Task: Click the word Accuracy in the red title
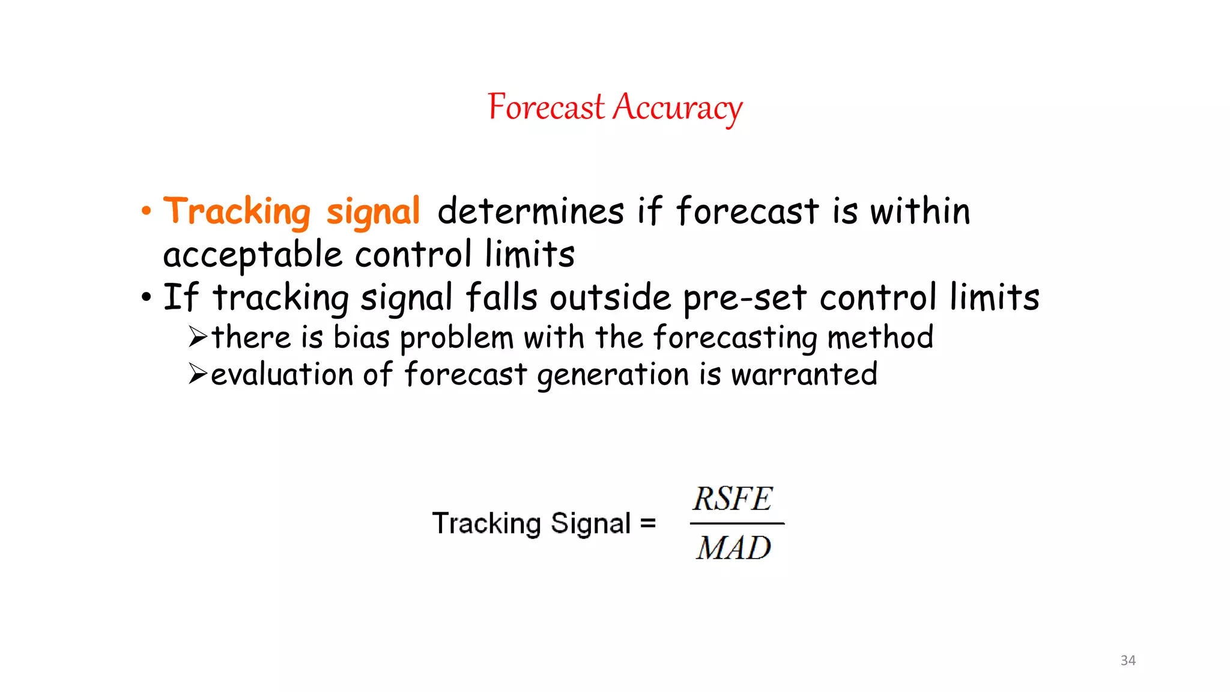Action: click(677, 108)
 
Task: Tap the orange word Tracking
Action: click(237, 212)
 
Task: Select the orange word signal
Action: click(373, 212)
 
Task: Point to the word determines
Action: click(531, 211)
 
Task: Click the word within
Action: click(920, 211)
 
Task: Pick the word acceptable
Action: click(252, 255)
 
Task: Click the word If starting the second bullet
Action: click(180, 297)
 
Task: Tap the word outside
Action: click(610, 297)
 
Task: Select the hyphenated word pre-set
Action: click(745, 298)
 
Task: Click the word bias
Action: click(362, 337)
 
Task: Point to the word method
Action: click(880, 337)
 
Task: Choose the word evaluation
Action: click(282, 374)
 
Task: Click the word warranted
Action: click(804, 374)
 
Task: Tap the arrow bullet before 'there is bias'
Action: click(198, 337)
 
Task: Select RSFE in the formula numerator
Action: click(733, 499)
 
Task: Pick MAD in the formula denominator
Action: click(733, 548)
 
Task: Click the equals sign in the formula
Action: click(648, 523)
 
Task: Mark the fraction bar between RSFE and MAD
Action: click(737, 524)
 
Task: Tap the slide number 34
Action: click(1128, 660)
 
